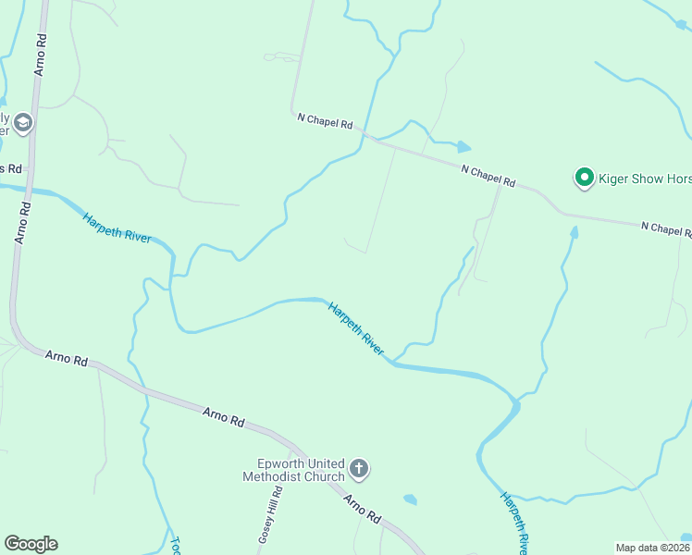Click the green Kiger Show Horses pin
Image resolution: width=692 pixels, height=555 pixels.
point(584,177)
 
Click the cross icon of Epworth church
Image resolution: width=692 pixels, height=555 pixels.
point(360,470)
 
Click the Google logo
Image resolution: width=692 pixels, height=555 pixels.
point(31,544)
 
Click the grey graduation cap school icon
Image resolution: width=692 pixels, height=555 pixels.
point(23,122)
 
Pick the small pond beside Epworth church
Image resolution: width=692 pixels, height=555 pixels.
point(410,499)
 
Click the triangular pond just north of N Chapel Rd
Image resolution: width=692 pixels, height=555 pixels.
point(462,146)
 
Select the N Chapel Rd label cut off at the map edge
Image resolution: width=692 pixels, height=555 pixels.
point(666,228)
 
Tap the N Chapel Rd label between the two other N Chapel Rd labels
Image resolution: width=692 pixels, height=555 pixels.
point(488,175)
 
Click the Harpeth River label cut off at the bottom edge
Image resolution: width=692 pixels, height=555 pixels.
point(514,522)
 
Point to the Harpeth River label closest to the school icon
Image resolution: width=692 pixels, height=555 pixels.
point(117,227)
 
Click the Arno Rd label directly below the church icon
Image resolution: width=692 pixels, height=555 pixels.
point(363,509)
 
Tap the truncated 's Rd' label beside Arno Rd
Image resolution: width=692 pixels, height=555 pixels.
point(12,168)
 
